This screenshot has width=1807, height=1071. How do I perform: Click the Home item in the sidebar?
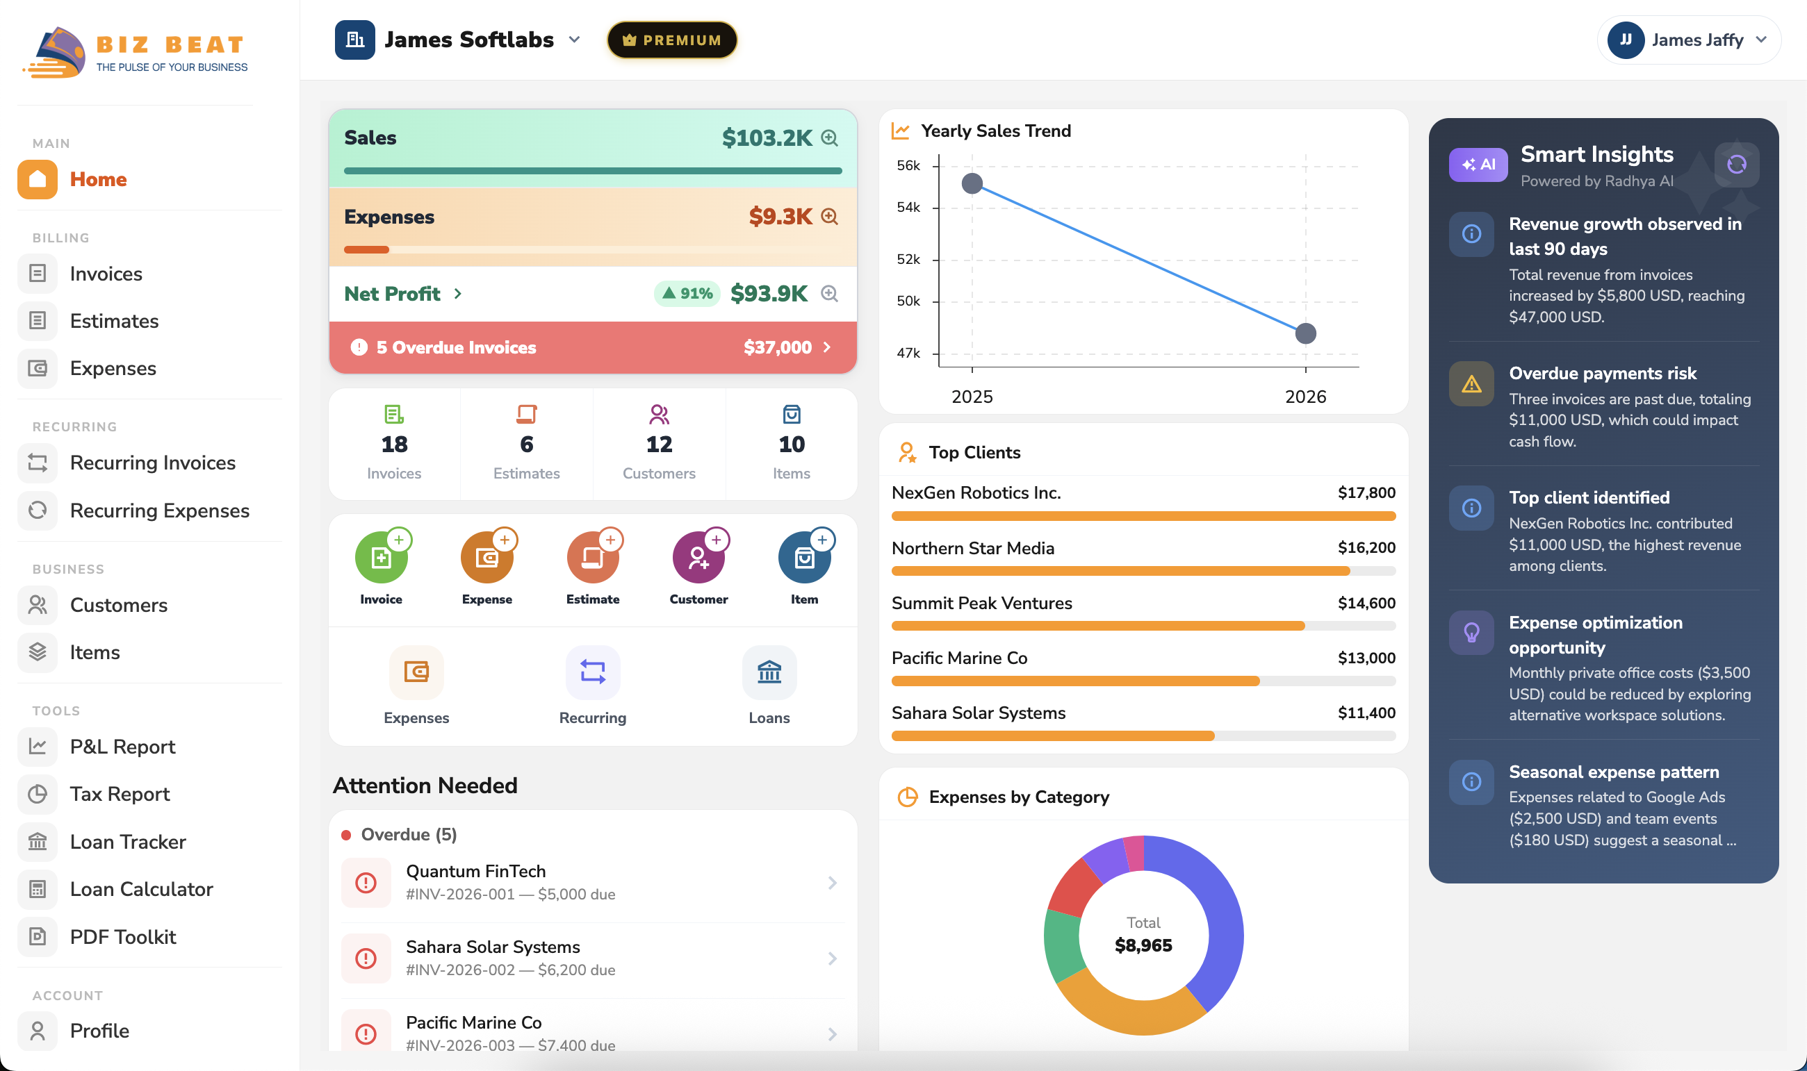click(97, 179)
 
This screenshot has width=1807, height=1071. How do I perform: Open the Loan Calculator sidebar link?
click(141, 889)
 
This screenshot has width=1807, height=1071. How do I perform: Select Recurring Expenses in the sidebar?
click(159, 510)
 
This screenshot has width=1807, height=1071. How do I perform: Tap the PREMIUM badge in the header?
click(671, 40)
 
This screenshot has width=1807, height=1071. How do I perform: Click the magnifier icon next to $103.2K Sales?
click(830, 138)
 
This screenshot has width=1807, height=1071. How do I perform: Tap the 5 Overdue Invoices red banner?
click(592, 347)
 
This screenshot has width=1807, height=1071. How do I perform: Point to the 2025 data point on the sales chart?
click(972, 183)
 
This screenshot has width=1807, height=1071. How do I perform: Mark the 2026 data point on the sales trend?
click(1305, 333)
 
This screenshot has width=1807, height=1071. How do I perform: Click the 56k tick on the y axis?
click(908, 166)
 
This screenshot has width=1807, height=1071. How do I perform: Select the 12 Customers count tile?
click(658, 444)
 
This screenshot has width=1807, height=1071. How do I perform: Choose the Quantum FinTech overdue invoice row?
click(592, 883)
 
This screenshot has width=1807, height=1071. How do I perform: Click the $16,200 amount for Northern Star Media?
click(1366, 548)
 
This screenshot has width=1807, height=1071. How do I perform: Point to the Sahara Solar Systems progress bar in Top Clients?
click(1143, 736)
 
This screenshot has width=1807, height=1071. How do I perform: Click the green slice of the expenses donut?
click(1063, 945)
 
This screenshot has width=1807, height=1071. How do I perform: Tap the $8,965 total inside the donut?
click(1143, 945)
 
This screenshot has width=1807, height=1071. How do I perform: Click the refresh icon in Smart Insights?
click(1736, 165)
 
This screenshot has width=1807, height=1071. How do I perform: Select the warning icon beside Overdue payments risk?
click(1471, 384)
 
